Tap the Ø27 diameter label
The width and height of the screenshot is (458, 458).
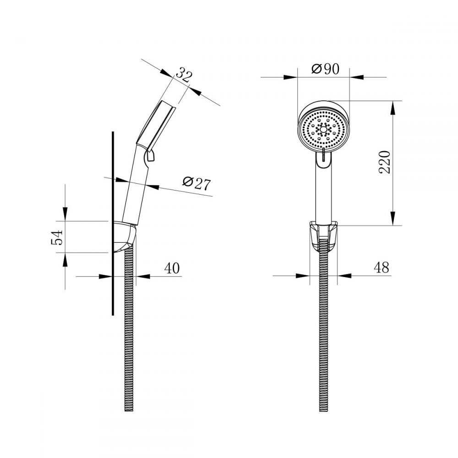click(x=196, y=183)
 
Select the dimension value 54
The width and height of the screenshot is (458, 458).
click(x=57, y=237)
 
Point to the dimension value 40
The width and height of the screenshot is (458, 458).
click(x=172, y=268)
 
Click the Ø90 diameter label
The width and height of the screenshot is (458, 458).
click(x=325, y=69)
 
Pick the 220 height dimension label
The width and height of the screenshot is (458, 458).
click(x=385, y=163)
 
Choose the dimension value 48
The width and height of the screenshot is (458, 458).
click(x=382, y=267)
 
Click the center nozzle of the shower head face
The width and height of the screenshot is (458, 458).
click(x=323, y=129)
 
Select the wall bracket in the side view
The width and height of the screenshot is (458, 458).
click(x=125, y=237)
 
